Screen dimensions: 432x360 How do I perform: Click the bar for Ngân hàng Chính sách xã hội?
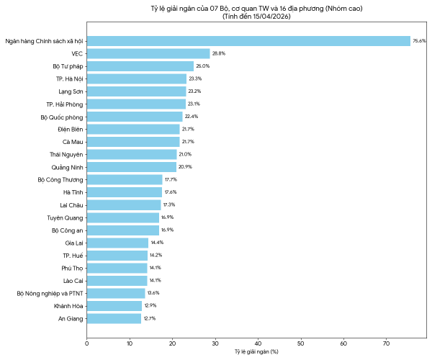tap(248, 41)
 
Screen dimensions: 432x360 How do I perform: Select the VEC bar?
tap(148, 54)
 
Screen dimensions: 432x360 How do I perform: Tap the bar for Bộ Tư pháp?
tap(140, 66)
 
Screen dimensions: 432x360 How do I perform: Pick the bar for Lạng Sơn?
tap(136, 91)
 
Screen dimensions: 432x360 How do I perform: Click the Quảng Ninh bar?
tap(132, 167)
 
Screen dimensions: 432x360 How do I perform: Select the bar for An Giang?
tap(114, 319)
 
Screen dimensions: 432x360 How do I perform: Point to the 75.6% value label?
tap(419, 41)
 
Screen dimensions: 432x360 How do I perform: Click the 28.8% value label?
tap(219, 53)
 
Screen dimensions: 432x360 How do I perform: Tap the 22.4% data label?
tap(192, 117)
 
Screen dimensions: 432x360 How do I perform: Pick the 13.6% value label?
tap(153, 293)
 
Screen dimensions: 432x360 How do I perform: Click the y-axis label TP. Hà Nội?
tap(69, 79)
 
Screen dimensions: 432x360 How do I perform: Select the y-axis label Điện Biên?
tap(71, 130)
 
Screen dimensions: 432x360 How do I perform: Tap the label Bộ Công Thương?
tap(60, 180)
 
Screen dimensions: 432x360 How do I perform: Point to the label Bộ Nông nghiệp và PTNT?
tap(50, 294)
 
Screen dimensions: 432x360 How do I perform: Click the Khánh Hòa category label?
tap(68, 306)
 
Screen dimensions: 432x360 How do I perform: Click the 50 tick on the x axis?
tap(301, 343)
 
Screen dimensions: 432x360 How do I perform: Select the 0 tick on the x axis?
tap(87, 343)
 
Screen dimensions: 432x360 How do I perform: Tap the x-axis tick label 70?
tap(386, 343)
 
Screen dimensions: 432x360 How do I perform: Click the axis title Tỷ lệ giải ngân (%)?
tap(256, 352)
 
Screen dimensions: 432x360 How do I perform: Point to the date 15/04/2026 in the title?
tap(271, 17)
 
